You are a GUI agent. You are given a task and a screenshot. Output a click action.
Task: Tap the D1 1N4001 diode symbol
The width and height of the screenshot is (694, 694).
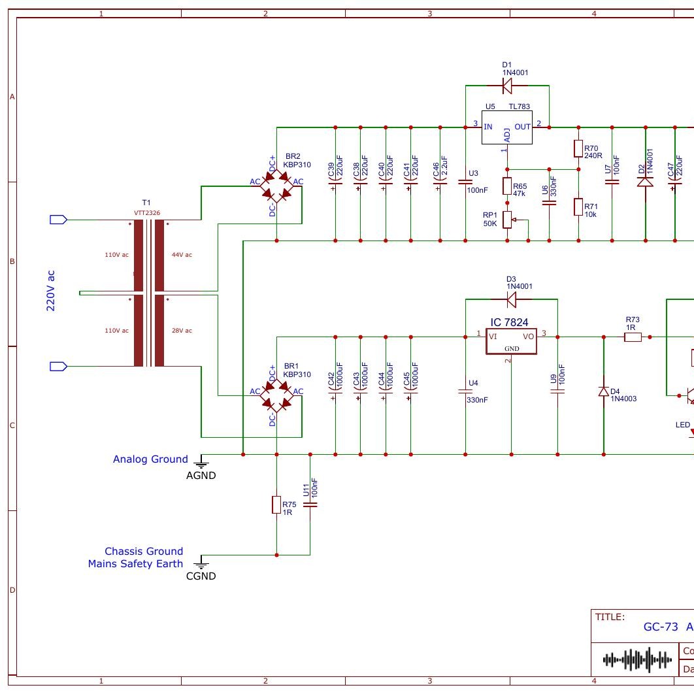(507, 86)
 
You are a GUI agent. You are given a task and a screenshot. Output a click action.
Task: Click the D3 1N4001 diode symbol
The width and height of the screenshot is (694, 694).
(511, 299)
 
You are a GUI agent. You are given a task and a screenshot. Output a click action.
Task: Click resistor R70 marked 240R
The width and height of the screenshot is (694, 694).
(578, 149)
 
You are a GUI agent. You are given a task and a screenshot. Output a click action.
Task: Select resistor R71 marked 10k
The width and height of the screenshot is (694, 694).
(578, 207)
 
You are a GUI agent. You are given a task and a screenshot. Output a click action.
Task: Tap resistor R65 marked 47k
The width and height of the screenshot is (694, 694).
(507, 186)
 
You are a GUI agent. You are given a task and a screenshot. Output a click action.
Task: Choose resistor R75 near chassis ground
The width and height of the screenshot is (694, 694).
(276, 504)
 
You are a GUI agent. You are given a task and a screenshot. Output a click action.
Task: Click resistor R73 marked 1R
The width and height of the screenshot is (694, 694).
(633, 337)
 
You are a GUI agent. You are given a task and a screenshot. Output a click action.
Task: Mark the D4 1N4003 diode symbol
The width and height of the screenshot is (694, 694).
(604, 392)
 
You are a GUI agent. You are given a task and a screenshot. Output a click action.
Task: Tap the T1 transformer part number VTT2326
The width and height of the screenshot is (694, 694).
(146, 213)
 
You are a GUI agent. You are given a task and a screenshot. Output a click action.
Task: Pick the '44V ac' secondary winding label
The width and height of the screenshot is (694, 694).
(182, 254)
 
